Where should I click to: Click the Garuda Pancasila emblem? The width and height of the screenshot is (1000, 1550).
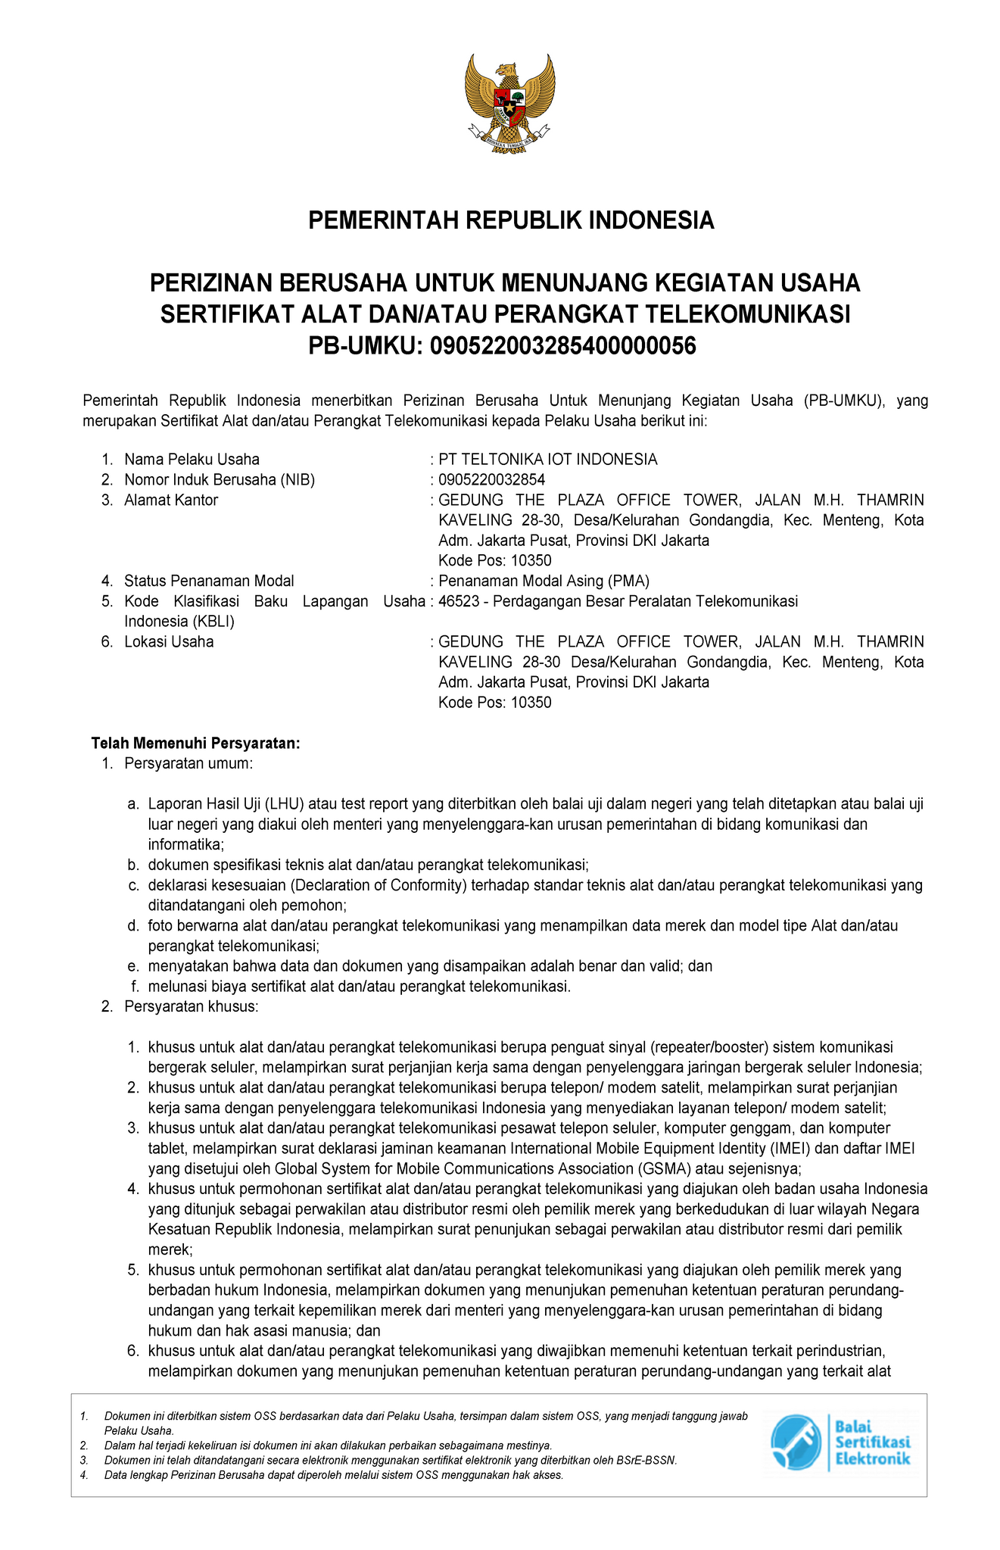point(509,104)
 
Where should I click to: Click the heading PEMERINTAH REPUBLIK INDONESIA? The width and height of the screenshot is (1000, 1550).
point(510,220)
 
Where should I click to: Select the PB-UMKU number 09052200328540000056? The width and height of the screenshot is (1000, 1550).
point(562,346)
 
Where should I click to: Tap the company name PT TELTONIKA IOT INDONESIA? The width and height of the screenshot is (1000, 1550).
point(548,460)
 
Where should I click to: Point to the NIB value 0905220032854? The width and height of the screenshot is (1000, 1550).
point(491,479)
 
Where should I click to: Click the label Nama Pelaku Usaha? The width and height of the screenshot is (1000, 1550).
point(192,460)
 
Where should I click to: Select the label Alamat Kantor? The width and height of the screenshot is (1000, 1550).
point(171,500)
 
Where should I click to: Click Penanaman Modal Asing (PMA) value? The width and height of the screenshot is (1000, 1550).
point(544,581)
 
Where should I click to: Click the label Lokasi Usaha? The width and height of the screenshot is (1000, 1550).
point(169,642)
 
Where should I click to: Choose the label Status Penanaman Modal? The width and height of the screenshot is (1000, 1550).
point(209,581)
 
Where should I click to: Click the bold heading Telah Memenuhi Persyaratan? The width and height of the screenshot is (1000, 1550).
point(195,744)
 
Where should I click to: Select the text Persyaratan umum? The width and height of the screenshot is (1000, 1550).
point(188,763)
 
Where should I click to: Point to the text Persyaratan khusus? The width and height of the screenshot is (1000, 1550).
point(191,1006)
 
